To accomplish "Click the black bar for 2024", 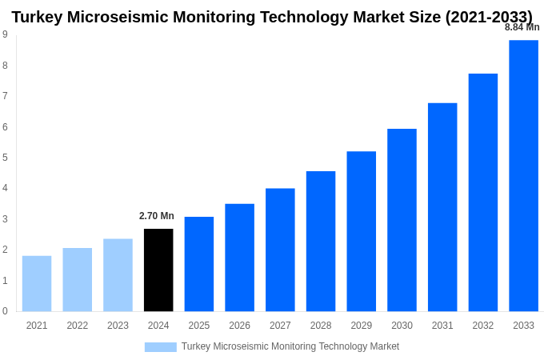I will coord(158,270).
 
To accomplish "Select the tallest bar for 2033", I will coord(523,175).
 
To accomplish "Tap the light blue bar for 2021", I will coord(37,283).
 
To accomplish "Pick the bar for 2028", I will coord(321,241).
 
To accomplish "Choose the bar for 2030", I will coord(402,220).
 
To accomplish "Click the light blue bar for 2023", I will coord(118,274).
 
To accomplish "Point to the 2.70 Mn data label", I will coord(156,216).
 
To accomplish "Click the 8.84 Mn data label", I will coord(522,27).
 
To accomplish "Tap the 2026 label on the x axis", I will coord(239,326).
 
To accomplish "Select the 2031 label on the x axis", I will coord(442,326).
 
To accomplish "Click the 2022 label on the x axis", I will coord(78,326).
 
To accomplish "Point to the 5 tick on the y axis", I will coord(5,158).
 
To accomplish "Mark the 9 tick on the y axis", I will coord(5,34).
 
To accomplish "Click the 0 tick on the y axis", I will coord(5,311).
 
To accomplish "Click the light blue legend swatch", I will coord(160,347).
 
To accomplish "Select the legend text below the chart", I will coord(290,346).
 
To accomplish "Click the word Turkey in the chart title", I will coord(39,17).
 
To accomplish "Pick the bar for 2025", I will coord(199,264).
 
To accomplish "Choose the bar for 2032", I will coord(483,192).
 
